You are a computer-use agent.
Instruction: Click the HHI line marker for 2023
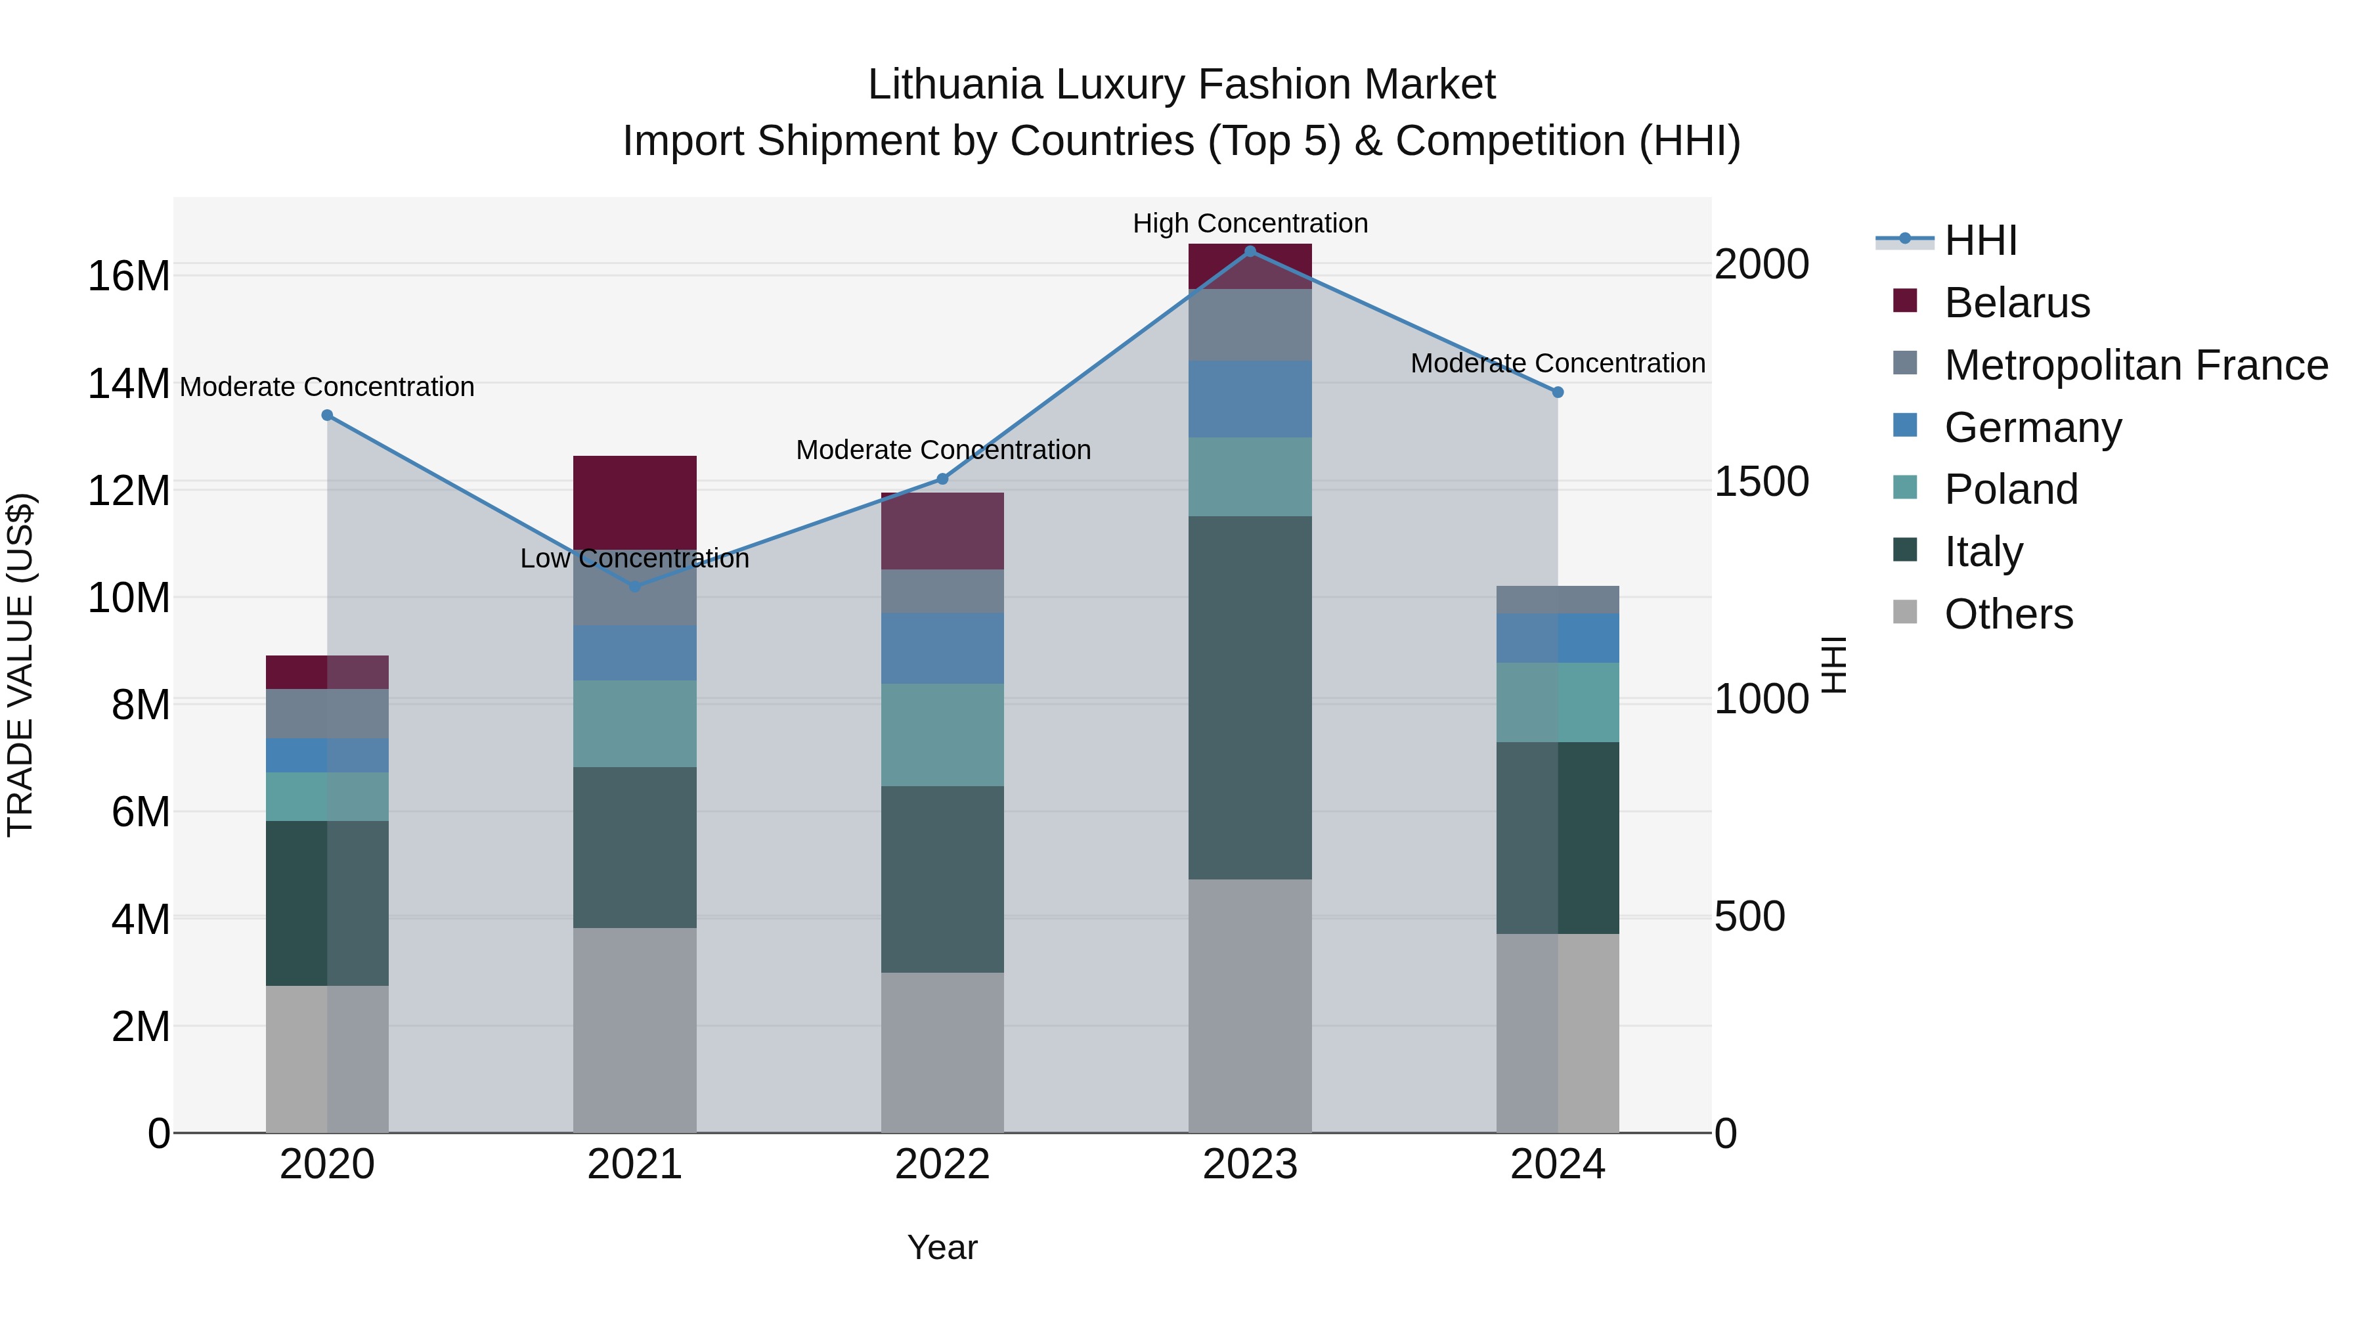1250,251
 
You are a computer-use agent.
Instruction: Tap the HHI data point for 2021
634,586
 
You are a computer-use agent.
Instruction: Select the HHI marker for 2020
327,415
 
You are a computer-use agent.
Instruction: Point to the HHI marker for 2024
1558,392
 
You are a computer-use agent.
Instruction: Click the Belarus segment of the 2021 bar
634,500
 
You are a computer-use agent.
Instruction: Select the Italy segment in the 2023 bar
1250,698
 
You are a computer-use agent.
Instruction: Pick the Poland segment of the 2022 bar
942,734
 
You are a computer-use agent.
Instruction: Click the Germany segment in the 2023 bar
1250,399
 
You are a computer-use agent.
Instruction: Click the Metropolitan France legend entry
2135,365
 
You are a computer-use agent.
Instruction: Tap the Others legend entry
2008,614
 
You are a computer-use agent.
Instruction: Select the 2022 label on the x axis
942,1164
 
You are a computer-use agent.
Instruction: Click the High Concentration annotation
1250,223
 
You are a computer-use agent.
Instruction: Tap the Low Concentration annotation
634,558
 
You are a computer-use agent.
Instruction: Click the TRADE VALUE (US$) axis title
20,665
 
